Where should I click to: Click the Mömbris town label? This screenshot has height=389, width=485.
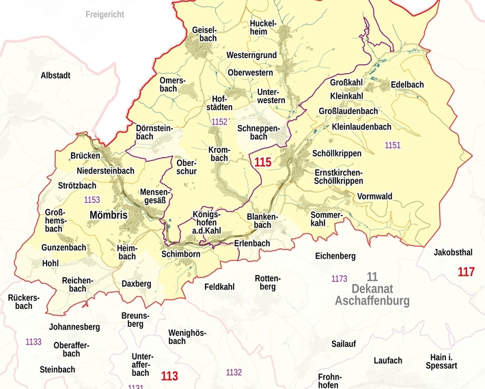coord(108,215)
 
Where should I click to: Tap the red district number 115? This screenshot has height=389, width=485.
coord(262,162)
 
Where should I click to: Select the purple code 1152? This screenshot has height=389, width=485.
coord(219,122)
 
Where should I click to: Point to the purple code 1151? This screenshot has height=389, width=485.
coord(393,145)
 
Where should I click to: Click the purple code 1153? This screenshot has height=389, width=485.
coord(92,200)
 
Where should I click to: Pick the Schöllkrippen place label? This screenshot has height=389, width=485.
coord(337,154)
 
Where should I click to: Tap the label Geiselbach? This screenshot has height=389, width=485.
coord(204,34)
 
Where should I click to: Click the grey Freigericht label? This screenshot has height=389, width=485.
coord(105,14)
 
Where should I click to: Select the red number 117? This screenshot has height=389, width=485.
coord(466,272)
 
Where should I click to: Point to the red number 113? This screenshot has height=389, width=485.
coord(169,375)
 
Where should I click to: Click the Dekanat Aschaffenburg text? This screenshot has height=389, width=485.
coord(372,294)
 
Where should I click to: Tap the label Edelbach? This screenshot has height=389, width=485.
coord(407,85)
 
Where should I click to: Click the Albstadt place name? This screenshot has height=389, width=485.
coord(55,75)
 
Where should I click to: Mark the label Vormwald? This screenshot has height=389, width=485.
coord(374,197)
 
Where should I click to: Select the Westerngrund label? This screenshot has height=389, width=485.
coord(251,55)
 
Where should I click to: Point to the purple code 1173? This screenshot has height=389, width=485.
coord(339,279)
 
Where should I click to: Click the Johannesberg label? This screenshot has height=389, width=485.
coord(74,327)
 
